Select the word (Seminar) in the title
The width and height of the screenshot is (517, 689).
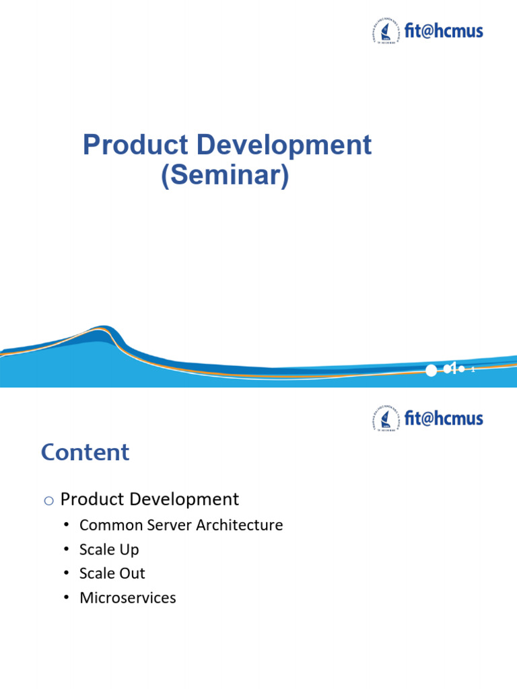pos(225,176)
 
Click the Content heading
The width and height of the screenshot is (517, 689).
pos(85,452)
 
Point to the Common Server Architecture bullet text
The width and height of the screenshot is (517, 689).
pos(181,525)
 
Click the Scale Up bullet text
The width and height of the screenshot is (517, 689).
pos(109,549)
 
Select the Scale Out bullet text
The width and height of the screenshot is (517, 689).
pos(112,573)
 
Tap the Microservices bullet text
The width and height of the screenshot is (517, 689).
pos(127,597)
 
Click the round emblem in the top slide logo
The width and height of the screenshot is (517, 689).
pos(383,31)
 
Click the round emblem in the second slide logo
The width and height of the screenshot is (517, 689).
pos(383,419)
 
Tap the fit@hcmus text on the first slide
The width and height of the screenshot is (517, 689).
pos(444,31)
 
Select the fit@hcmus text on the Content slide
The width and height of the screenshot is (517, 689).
pos(444,419)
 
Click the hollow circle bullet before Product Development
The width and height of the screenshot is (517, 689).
pos(47,501)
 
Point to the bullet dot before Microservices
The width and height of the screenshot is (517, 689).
pos(66,597)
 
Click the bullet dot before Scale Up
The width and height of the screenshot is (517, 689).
pos(66,549)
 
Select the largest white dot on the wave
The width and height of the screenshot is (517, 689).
pos(430,369)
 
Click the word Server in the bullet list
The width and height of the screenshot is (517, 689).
pos(171,525)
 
